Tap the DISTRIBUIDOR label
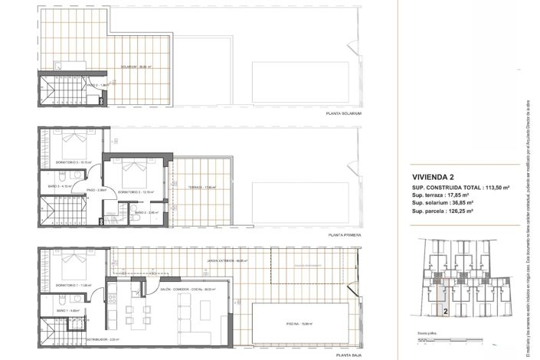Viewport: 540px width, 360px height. (x=98, y=338)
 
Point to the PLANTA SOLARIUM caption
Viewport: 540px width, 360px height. (x=342, y=113)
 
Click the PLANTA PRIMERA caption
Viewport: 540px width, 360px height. (x=342, y=235)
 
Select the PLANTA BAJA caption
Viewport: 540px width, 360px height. (x=346, y=355)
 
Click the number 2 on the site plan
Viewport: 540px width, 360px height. (x=446, y=312)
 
